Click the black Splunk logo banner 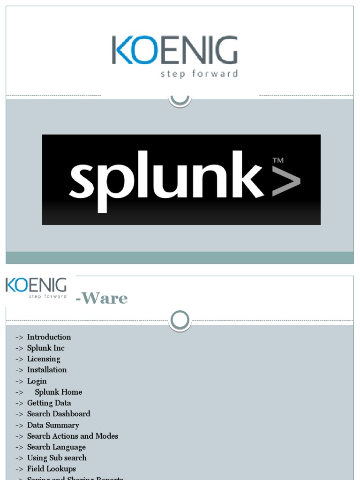click(181, 180)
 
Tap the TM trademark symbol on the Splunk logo click(278, 161)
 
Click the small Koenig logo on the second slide click(36, 288)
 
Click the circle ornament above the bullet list click(180, 320)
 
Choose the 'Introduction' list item click(49, 337)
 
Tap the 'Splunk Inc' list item click(45, 348)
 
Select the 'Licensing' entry click(44, 359)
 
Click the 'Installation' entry click(47, 370)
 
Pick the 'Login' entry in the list click(37, 381)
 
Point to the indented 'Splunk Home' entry click(58, 392)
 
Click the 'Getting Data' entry click(49, 403)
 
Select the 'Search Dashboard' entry click(59, 414)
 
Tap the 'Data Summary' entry click(53, 425)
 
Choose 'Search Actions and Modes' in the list click(73, 436)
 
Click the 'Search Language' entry click(56, 447)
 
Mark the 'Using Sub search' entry click(57, 458)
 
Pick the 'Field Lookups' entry click(52, 469)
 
